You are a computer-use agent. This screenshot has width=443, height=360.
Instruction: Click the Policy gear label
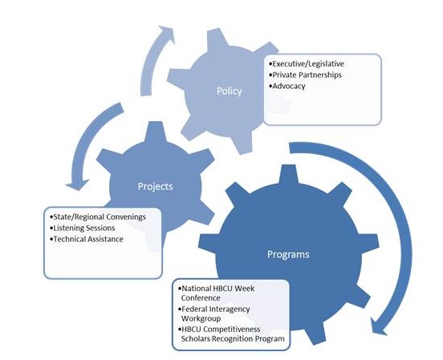230,91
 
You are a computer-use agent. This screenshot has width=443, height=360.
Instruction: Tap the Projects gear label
155,186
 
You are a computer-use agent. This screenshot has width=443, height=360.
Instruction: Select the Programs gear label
288,254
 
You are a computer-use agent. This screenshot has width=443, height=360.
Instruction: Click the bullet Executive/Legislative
307,64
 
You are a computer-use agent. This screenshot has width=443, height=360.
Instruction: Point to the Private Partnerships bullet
306,75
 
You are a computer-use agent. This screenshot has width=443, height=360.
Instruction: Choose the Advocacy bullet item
287,86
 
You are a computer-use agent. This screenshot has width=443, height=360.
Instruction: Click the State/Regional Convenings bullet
98,216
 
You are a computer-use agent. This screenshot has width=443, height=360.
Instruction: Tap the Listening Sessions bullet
83,228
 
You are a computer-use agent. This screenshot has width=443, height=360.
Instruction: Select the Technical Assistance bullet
87,239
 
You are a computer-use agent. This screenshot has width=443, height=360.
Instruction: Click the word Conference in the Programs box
201,298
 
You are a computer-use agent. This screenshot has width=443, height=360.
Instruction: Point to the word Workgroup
201,318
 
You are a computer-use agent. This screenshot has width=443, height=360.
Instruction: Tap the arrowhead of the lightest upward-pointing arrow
168,34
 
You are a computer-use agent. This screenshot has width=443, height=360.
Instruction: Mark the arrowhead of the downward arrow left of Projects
77,184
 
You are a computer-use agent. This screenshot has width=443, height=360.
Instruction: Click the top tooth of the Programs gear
288,175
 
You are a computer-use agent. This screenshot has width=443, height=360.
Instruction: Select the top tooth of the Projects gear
155,131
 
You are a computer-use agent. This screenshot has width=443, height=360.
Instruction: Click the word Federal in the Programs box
194,309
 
